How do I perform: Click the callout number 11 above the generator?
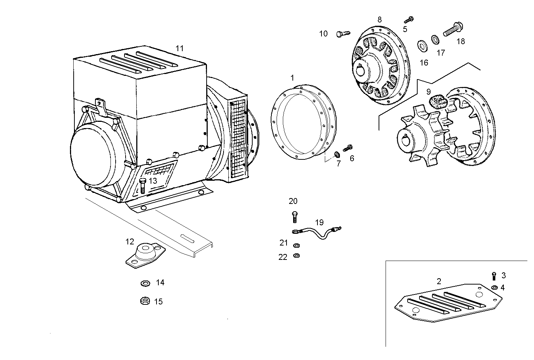pyautogui.click(x=179, y=48)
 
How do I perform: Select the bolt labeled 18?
pyautogui.click(x=453, y=29)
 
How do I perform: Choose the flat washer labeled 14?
pyautogui.click(x=145, y=283)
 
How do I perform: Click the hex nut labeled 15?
pyautogui.click(x=145, y=301)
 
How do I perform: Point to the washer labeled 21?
pyautogui.click(x=296, y=245)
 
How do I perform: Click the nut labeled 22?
pyautogui.click(x=296, y=255)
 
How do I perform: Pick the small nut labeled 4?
pyautogui.click(x=494, y=287)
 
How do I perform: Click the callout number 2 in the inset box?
pyautogui.click(x=439, y=282)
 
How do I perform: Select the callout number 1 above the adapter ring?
pyautogui.click(x=292, y=78)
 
